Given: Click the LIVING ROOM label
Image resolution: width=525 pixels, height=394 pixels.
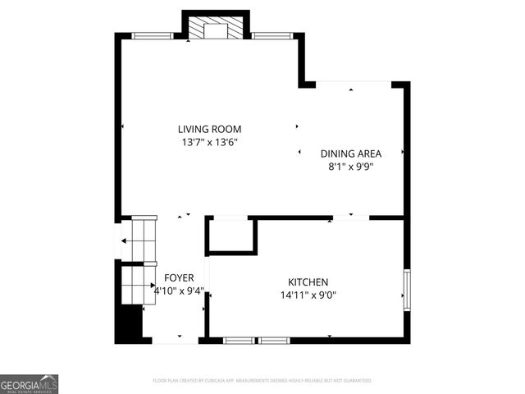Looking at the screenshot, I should click(x=210, y=129).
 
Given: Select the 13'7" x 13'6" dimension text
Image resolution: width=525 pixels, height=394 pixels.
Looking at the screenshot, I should click(x=210, y=142).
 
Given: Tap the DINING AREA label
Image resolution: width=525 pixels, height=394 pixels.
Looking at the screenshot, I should click(x=351, y=153).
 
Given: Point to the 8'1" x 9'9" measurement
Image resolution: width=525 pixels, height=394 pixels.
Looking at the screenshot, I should click(x=351, y=166).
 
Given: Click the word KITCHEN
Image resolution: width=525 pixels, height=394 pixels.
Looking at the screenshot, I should click(x=308, y=282).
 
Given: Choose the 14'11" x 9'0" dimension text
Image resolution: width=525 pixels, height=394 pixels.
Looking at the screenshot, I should click(x=308, y=295).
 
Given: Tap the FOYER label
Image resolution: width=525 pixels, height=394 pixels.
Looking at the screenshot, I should click(x=179, y=278).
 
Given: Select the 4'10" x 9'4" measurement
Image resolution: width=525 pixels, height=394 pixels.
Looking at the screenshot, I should click(x=179, y=291).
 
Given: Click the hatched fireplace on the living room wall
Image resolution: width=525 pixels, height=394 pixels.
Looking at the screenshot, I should click(x=213, y=30).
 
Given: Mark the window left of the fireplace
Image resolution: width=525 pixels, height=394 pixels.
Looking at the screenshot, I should click(x=153, y=35).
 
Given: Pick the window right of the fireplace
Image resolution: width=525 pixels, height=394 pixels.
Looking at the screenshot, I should click(x=272, y=35).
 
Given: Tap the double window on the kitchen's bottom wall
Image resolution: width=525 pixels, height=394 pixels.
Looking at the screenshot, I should click(x=257, y=340).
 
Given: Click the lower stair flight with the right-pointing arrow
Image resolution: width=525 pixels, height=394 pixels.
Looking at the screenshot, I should click(x=136, y=286).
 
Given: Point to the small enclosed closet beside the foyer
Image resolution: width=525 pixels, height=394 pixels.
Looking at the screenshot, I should click(x=231, y=236).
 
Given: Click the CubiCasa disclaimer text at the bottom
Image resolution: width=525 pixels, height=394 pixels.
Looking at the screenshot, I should click(x=262, y=381).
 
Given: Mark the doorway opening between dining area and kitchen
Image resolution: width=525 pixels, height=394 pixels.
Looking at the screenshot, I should click(x=351, y=218).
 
